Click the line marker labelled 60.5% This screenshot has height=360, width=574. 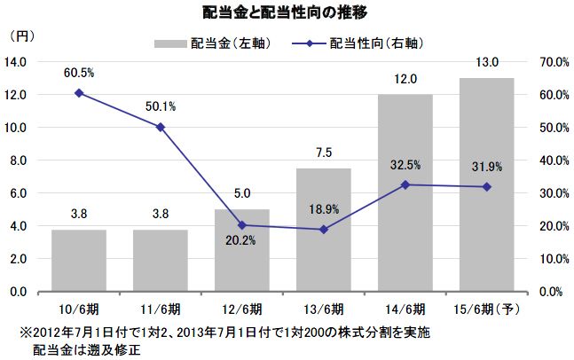[x=79, y=92]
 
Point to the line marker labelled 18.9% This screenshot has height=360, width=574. [x=324, y=230]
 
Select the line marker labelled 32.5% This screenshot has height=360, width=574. [x=405, y=184]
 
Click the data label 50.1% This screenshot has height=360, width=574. [x=161, y=106]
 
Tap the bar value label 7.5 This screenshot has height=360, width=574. [x=324, y=153]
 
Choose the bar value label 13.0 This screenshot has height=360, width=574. [x=485, y=62]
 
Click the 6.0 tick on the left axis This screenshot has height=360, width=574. [x=20, y=192]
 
